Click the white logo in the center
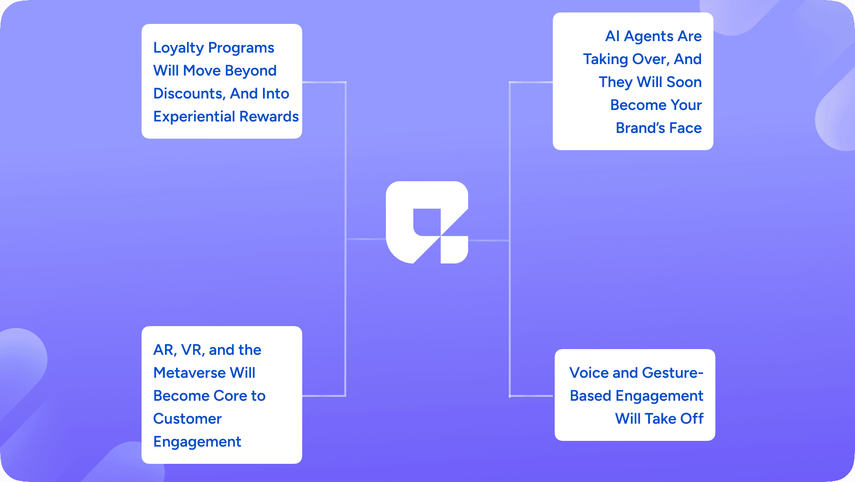click(427, 222)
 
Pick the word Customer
click(187, 419)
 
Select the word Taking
click(605, 59)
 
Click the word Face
click(685, 128)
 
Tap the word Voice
click(589, 373)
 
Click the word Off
click(691, 419)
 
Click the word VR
click(193, 350)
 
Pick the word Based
click(591, 396)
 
